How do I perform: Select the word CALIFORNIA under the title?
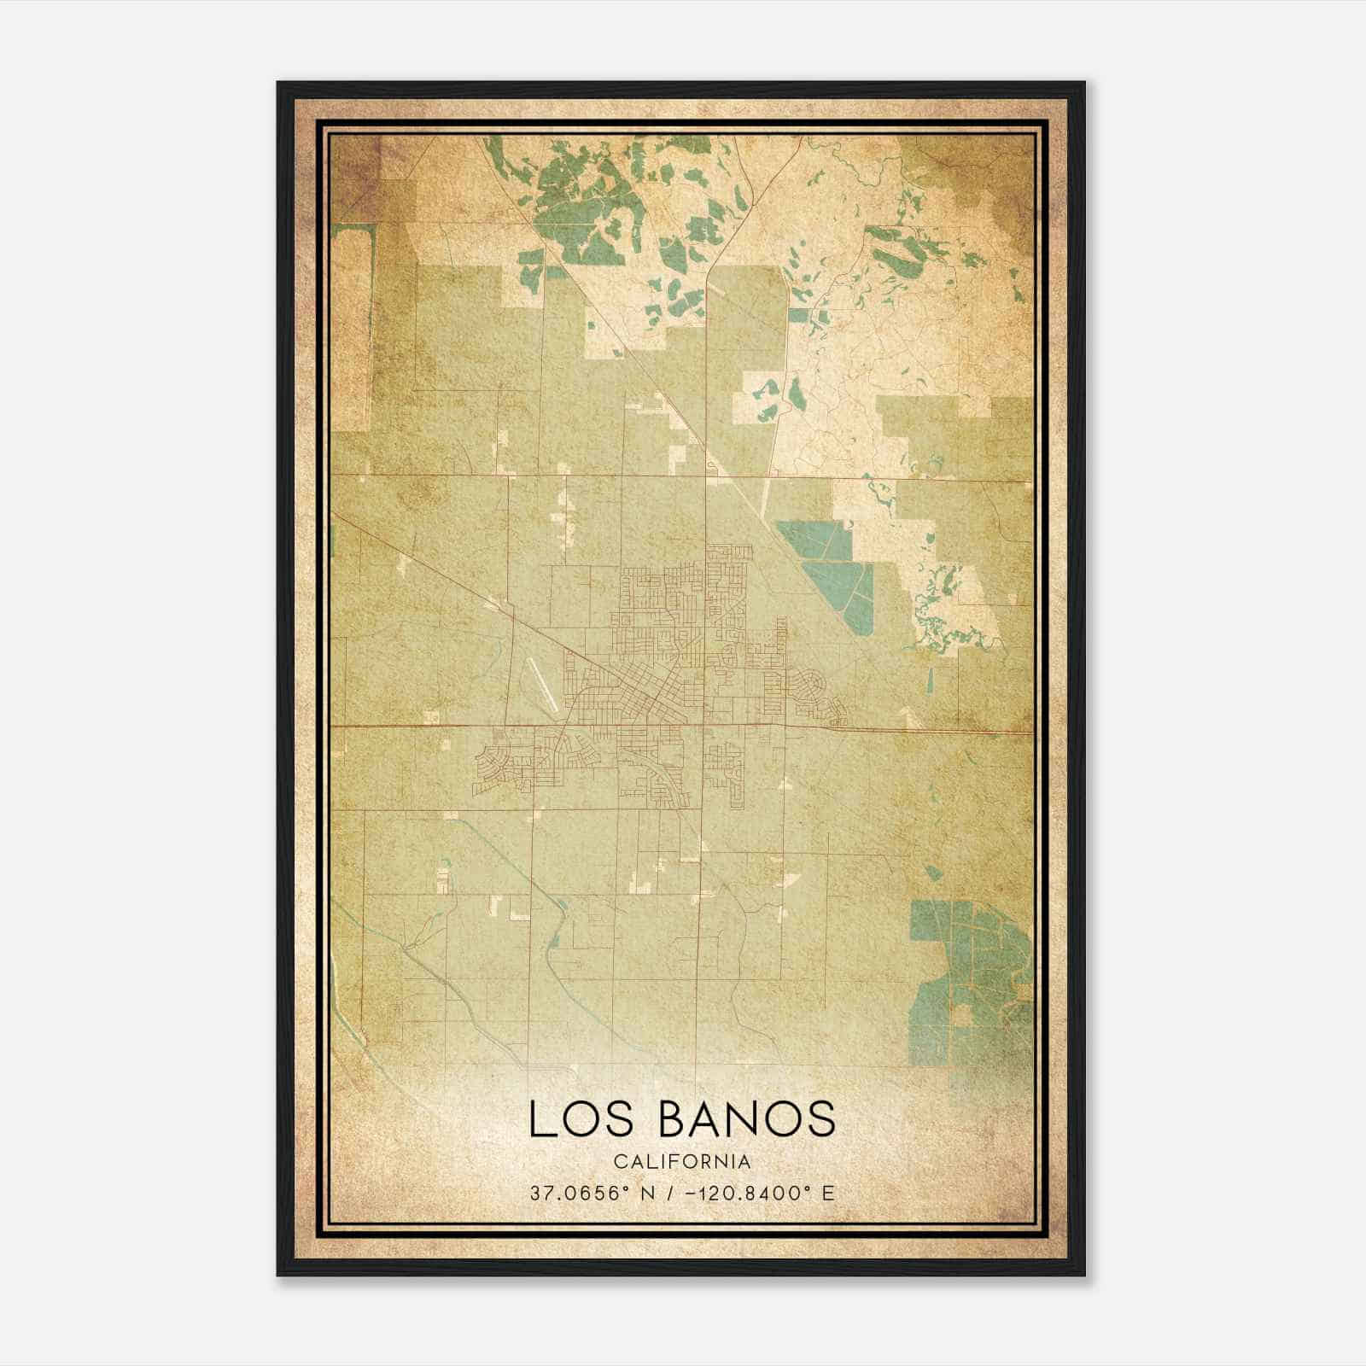[682, 1162]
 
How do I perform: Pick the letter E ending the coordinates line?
[828, 1193]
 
